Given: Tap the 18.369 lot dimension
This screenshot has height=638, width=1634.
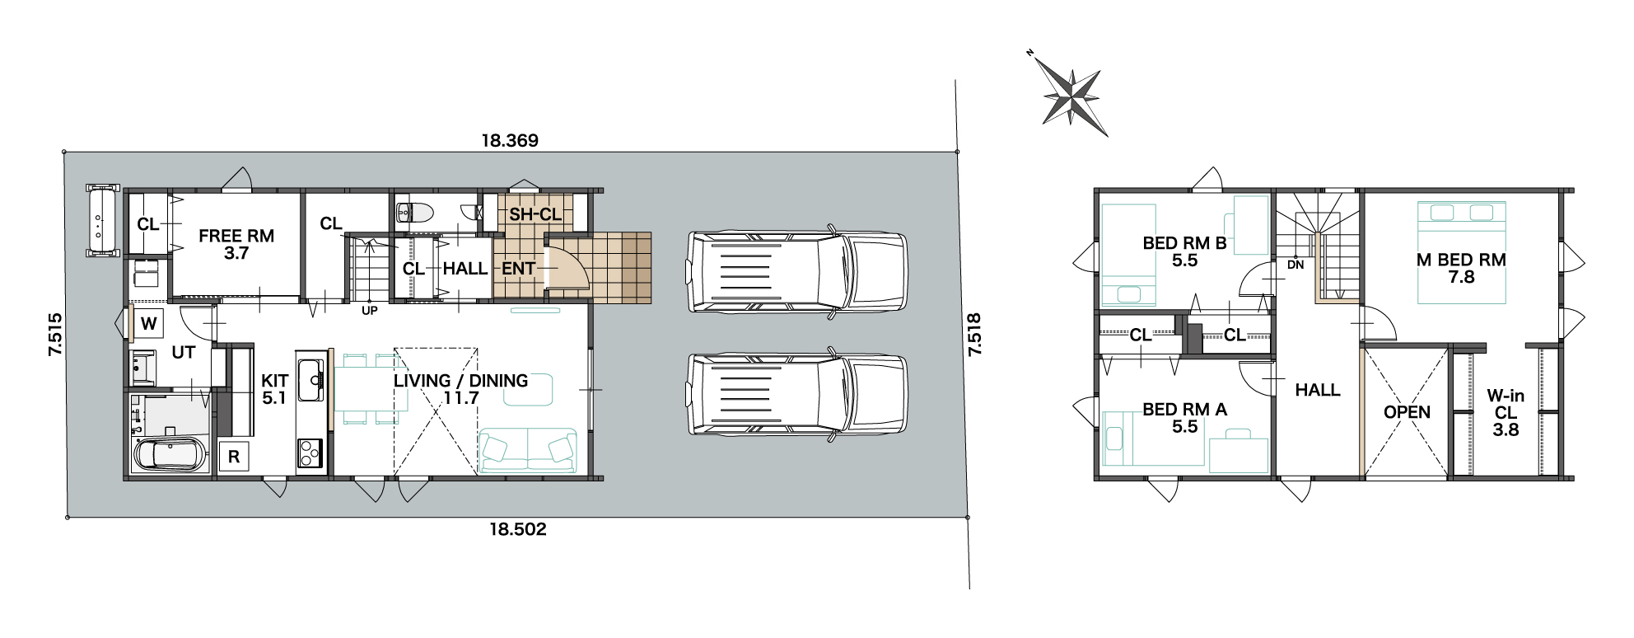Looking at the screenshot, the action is (510, 141).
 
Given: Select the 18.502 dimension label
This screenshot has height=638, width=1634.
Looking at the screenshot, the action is (518, 529).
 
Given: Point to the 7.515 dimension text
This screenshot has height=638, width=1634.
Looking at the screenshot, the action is (55, 334).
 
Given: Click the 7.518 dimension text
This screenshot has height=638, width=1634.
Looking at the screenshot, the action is (974, 334).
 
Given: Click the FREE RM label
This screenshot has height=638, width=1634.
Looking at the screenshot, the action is (236, 236).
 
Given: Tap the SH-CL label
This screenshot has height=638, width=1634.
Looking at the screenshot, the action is (535, 215).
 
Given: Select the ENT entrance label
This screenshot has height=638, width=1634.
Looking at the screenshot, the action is (519, 269).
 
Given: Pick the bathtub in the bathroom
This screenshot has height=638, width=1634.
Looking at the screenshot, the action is (169, 455).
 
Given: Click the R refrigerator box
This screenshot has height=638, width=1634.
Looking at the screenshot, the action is (234, 457).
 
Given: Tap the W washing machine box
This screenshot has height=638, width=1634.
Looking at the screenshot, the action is (149, 323).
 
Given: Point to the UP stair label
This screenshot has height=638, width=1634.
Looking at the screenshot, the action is (370, 311).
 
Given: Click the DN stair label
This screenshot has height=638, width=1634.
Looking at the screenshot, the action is (1296, 265).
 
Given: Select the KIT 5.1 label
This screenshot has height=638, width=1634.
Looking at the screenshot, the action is (274, 389).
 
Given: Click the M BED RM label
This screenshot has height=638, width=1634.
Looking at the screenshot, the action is (1461, 260).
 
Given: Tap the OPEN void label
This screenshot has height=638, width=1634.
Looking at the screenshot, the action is (1407, 412).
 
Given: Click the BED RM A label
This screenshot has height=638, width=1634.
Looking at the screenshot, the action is (1184, 410).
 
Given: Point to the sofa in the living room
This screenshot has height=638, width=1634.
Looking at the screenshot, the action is (528, 450).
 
